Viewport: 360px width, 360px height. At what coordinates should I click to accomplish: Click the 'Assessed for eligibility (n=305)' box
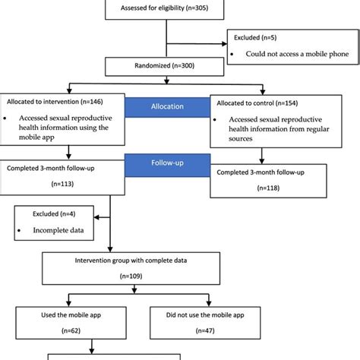click(166, 9)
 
